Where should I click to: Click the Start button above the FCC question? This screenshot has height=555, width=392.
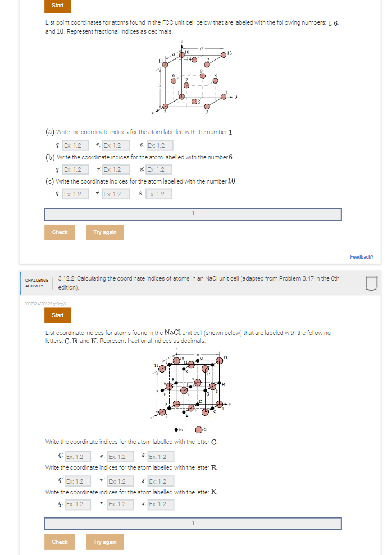(x=57, y=6)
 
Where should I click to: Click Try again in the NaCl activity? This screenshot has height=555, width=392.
(x=104, y=542)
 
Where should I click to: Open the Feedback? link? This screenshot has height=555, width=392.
(x=361, y=257)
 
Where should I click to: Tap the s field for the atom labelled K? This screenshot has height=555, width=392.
(x=158, y=504)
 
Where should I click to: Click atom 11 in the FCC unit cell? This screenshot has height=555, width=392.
(x=165, y=65)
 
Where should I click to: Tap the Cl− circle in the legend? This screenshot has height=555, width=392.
(x=199, y=430)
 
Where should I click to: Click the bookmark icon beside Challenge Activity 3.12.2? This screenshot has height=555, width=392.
(x=371, y=283)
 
